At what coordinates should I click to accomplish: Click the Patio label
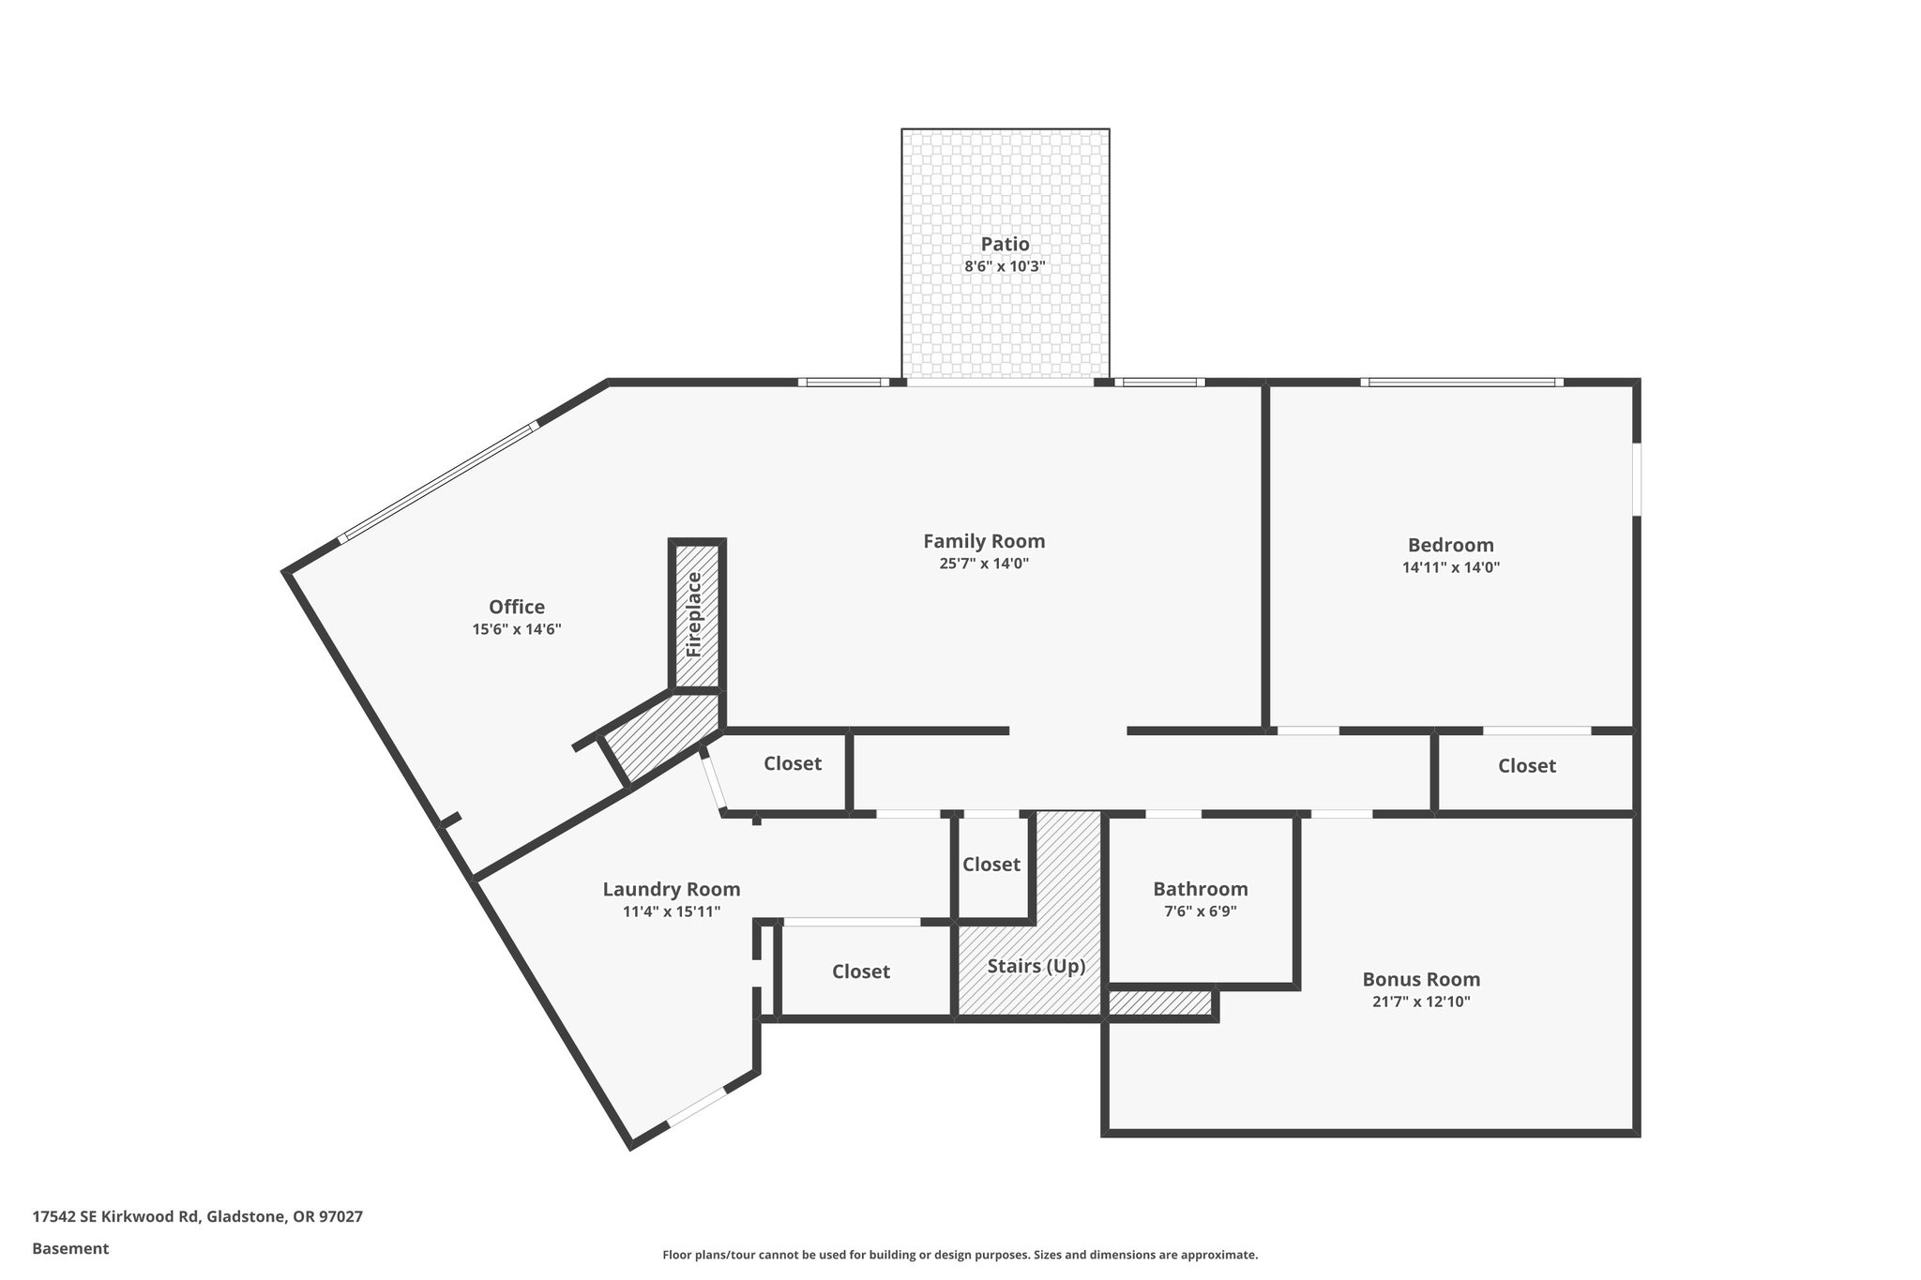pyautogui.click(x=1005, y=244)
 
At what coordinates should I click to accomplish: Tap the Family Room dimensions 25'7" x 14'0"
pyautogui.click(x=984, y=564)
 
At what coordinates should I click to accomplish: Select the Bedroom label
pyautogui.click(x=1450, y=545)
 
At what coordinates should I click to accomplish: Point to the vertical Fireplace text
pyautogui.click(x=694, y=614)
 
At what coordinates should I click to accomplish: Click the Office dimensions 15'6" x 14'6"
pyautogui.click(x=516, y=629)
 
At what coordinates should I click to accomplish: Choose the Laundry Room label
pyautogui.click(x=671, y=889)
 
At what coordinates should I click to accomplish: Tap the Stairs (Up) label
pyautogui.click(x=1036, y=966)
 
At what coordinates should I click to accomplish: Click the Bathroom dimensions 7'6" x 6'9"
pyautogui.click(x=1201, y=911)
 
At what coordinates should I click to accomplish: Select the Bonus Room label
pyautogui.click(x=1421, y=979)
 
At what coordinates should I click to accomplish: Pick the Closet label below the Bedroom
pyautogui.click(x=1526, y=766)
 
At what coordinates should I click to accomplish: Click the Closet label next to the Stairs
pyautogui.click(x=991, y=864)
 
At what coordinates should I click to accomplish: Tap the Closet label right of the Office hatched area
pyautogui.click(x=792, y=763)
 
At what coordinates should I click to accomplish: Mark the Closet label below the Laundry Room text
pyautogui.click(x=860, y=971)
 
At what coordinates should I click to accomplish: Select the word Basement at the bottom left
pyautogui.click(x=70, y=1248)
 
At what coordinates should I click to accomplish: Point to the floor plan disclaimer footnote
pyautogui.click(x=960, y=1255)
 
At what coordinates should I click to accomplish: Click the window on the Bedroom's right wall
pyautogui.click(x=1637, y=478)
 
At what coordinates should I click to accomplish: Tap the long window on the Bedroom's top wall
pyautogui.click(x=1460, y=382)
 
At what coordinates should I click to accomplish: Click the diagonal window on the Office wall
pyautogui.click(x=438, y=482)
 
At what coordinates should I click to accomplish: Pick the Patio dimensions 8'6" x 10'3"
pyautogui.click(x=1005, y=266)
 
